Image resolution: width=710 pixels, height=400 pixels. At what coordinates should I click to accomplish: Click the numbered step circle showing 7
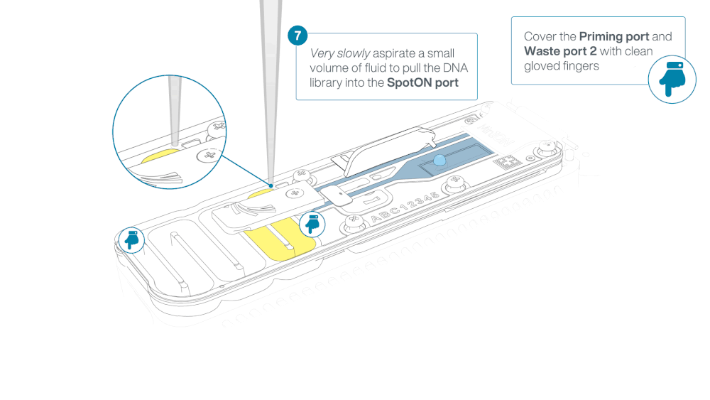point(297,36)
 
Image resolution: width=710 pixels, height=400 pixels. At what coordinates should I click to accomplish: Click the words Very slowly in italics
point(340,53)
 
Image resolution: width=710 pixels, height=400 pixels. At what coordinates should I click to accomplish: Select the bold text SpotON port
point(422,83)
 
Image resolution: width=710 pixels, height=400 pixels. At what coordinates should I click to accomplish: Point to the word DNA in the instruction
point(455,68)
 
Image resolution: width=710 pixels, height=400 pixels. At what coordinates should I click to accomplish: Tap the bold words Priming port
point(614,37)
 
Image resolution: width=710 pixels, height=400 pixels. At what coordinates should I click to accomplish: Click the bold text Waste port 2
point(560,51)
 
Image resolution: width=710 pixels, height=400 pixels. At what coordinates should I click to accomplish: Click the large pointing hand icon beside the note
point(672,80)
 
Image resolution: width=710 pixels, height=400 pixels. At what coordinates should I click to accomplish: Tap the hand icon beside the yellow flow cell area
point(312,224)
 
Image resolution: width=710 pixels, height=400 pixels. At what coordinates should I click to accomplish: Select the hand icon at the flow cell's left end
point(131,239)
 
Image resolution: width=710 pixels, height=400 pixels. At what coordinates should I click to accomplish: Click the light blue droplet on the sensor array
point(439,160)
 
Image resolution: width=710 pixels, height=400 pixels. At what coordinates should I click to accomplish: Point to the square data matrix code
point(507,162)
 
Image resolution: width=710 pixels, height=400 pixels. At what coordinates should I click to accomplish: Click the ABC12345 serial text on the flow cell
point(405,207)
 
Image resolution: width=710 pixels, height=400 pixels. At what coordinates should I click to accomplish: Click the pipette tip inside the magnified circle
point(175,110)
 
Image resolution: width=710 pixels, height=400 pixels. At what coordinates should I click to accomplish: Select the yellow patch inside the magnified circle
point(160,156)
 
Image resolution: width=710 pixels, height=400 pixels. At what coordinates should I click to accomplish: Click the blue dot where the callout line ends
point(271,185)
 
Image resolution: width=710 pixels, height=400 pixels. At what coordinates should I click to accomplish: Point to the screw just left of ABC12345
point(354,222)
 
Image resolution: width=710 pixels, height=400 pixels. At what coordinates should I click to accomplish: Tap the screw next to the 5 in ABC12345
point(454,183)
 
